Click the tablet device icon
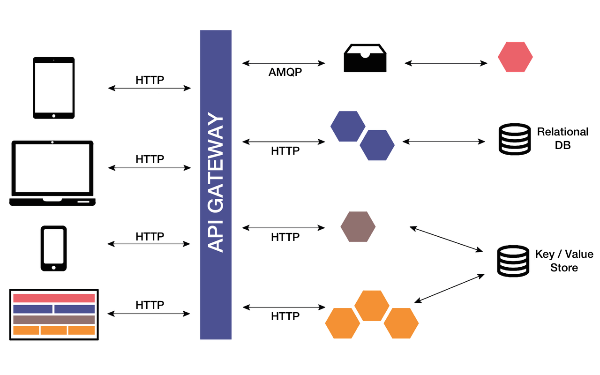(53, 88)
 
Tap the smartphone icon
(53, 248)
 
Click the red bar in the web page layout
(54, 298)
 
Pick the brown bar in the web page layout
(54, 320)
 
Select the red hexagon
(515, 57)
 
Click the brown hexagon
(358, 227)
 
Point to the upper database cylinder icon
(514, 139)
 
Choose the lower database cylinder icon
(513, 261)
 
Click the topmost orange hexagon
(372, 305)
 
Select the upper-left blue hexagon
(348, 126)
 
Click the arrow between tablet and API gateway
(149, 88)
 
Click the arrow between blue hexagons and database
(444, 142)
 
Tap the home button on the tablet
(53, 115)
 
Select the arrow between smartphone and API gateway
(149, 244)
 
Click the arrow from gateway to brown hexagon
(283, 228)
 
